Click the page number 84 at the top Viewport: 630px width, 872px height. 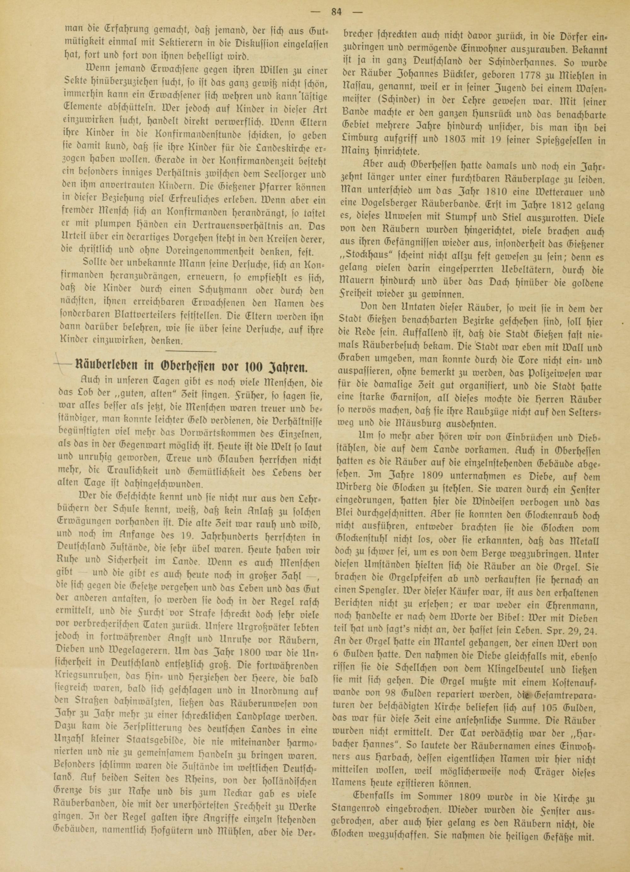pos(336,12)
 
